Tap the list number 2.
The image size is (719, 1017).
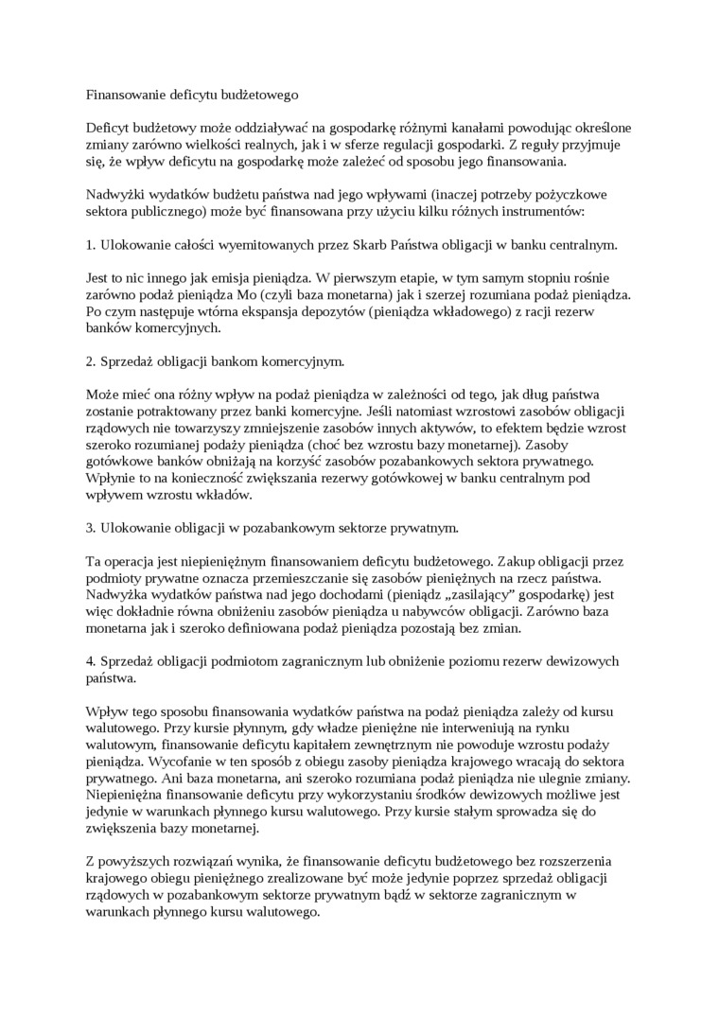pyautogui.click(x=90, y=361)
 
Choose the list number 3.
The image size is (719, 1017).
pyautogui.click(x=90, y=527)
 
